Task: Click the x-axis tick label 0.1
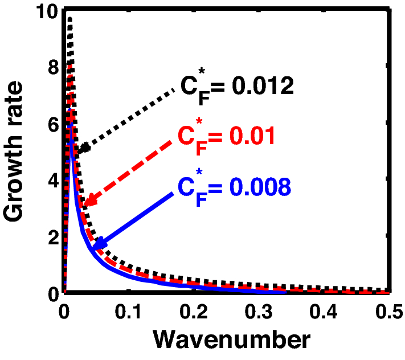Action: [x=129, y=312]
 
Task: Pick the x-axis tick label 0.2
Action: [x=194, y=312]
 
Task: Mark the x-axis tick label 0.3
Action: [x=260, y=312]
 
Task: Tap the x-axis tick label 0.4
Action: [x=325, y=312]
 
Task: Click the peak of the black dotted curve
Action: [x=69, y=19]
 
